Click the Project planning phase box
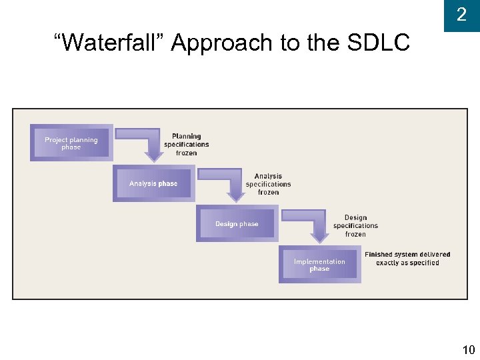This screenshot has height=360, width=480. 71,143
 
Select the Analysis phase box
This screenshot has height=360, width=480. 153,183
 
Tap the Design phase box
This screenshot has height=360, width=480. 237,224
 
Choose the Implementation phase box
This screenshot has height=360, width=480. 319,265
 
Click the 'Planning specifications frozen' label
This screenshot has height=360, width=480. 186,145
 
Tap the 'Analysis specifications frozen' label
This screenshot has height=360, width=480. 268,184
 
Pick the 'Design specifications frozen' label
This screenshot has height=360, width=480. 355,226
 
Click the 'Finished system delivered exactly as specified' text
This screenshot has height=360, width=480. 407,259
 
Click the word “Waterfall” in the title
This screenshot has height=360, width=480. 109,43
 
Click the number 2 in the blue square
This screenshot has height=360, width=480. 461,15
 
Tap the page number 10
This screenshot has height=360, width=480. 468,349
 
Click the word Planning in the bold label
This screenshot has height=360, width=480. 186,137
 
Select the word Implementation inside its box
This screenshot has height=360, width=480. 319,261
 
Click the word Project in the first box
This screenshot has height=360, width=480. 56,140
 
